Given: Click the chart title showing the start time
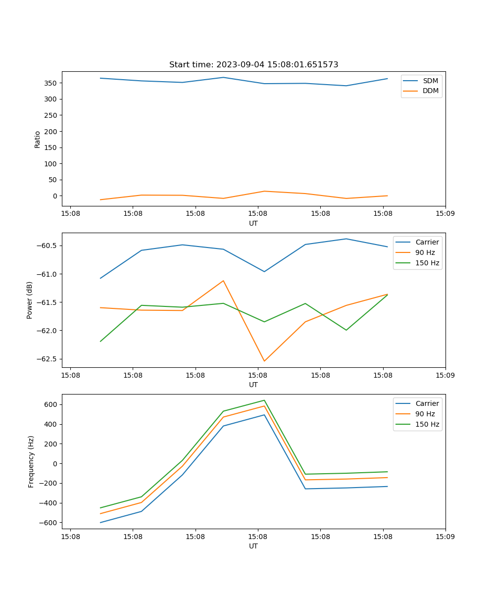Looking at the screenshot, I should [253, 65].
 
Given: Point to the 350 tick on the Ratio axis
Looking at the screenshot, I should [51, 83].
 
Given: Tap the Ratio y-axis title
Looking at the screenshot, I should [38, 139].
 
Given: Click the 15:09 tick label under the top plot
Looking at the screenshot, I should [445, 214].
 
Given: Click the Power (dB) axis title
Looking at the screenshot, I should [30, 300].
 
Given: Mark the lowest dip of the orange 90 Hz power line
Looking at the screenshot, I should [264, 361].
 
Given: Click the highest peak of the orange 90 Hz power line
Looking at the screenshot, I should [223, 281].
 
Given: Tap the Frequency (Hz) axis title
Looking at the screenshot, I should [31, 461].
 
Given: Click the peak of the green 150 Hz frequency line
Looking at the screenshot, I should [264, 400].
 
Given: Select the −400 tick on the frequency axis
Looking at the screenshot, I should [49, 503].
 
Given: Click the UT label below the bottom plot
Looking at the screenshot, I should [253, 546].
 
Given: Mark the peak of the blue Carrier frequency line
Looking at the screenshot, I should [264, 415].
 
